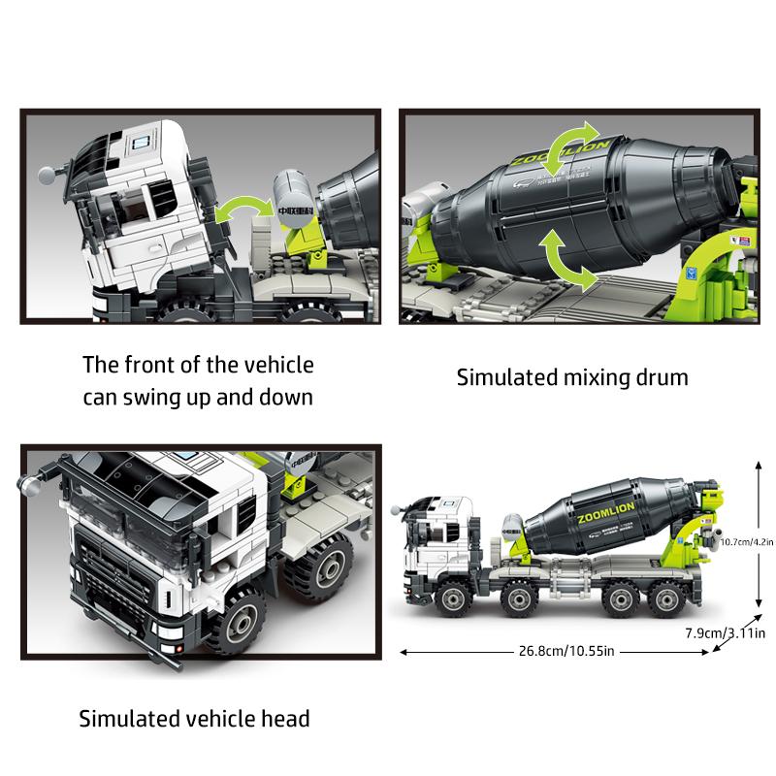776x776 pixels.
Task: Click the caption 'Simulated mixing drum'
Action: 572,377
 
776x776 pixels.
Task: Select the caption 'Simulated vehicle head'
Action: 194,719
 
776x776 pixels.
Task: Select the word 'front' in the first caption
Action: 154,366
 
